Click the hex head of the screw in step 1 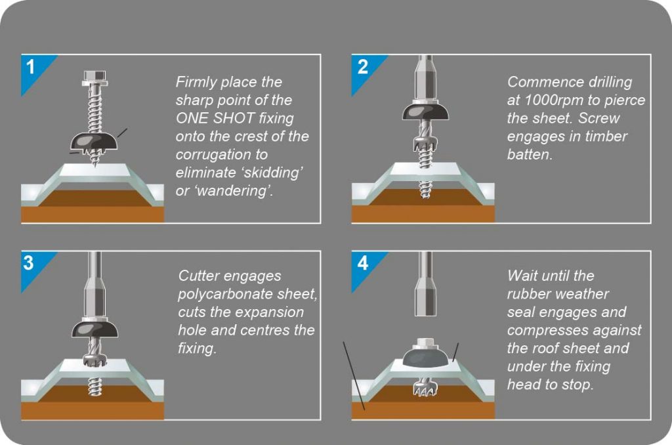coord(94,78)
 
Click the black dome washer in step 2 coord(425,111)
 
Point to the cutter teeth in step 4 coord(425,389)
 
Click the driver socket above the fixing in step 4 coord(425,284)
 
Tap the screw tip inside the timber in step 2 coord(425,190)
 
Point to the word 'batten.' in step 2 coord(530,155)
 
